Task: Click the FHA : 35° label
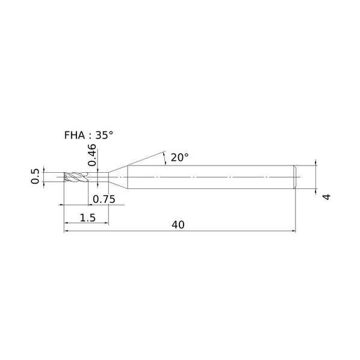click(88, 135)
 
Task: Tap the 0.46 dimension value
click(92, 155)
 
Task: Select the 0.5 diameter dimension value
click(35, 176)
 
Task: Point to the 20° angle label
click(179, 158)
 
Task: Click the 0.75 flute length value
click(104, 199)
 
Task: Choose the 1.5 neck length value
click(88, 217)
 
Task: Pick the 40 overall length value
click(178, 225)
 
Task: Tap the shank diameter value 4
click(327, 197)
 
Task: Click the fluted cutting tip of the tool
click(76, 177)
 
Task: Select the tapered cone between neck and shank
click(118, 177)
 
